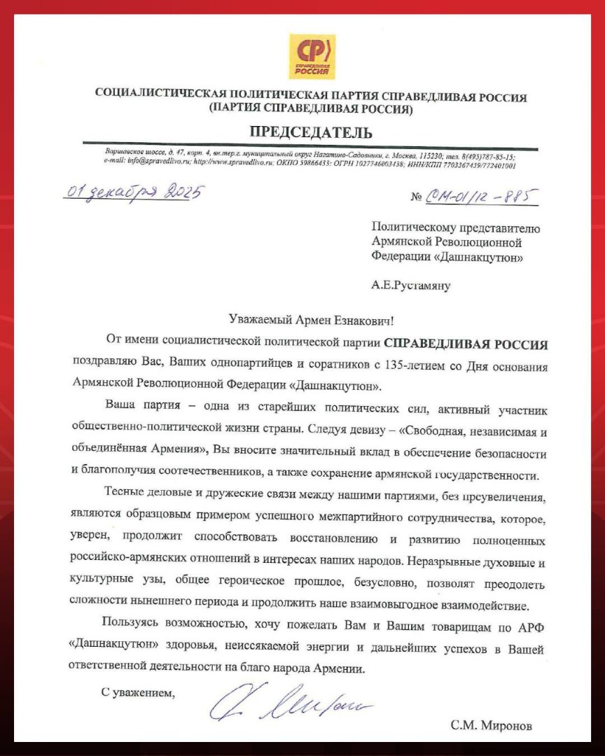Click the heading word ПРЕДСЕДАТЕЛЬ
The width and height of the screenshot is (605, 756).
click(311, 132)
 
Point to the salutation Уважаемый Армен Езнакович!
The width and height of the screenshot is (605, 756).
click(311, 320)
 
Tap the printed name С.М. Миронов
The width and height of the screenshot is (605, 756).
click(491, 725)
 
